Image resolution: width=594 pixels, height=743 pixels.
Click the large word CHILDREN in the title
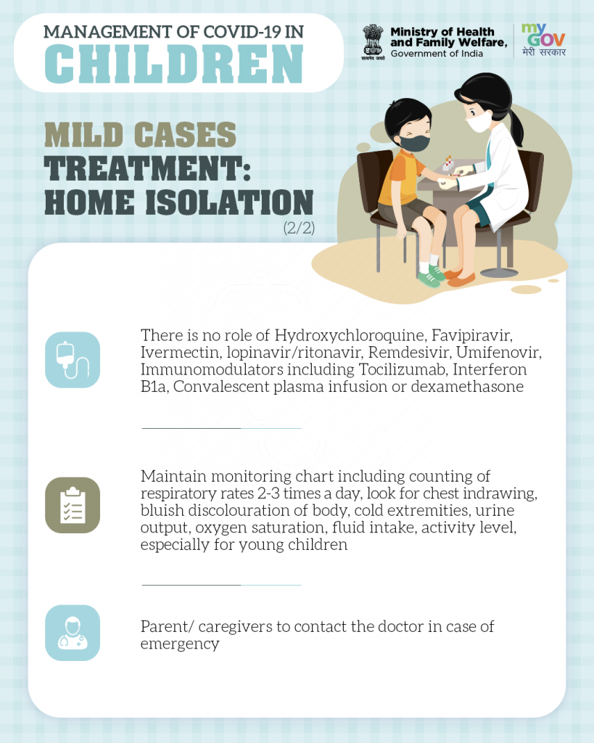pyautogui.click(x=174, y=64)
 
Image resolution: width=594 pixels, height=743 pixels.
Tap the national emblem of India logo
pyautogui.click(x=373, y=41)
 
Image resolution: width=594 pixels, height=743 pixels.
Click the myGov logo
pyautogui.click(x=543, y=40)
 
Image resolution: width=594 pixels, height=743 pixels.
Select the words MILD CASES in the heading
pyautogui.click(x=140, y=134)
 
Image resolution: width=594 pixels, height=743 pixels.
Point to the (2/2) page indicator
pyautogui.click(x=299, y=228)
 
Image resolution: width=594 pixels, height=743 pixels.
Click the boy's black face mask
pyautogui.click(x=414, y=143)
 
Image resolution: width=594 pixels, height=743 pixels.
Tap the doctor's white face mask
pyautogui.click(x=479, y=122)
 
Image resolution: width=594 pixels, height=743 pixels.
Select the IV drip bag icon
pyautogui.click(x=73, y=360)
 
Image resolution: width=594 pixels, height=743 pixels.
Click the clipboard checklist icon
pyautogui.click(x=73, y=505)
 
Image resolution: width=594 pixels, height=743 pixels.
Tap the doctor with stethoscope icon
pyautogui.click(x=73, y=633)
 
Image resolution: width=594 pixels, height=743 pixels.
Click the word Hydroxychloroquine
pyautogui.click(x=351, y=335)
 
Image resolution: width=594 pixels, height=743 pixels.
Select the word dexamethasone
pyautogui.click(x=467, y=387)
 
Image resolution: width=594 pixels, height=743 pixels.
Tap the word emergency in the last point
pyautogui.click(x=180, y=644)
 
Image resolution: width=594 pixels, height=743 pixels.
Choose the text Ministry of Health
pyautogui.click(x=442, y=32)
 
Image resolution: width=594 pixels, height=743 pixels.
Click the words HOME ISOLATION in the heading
pyautogui.click(x=179, y=202)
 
